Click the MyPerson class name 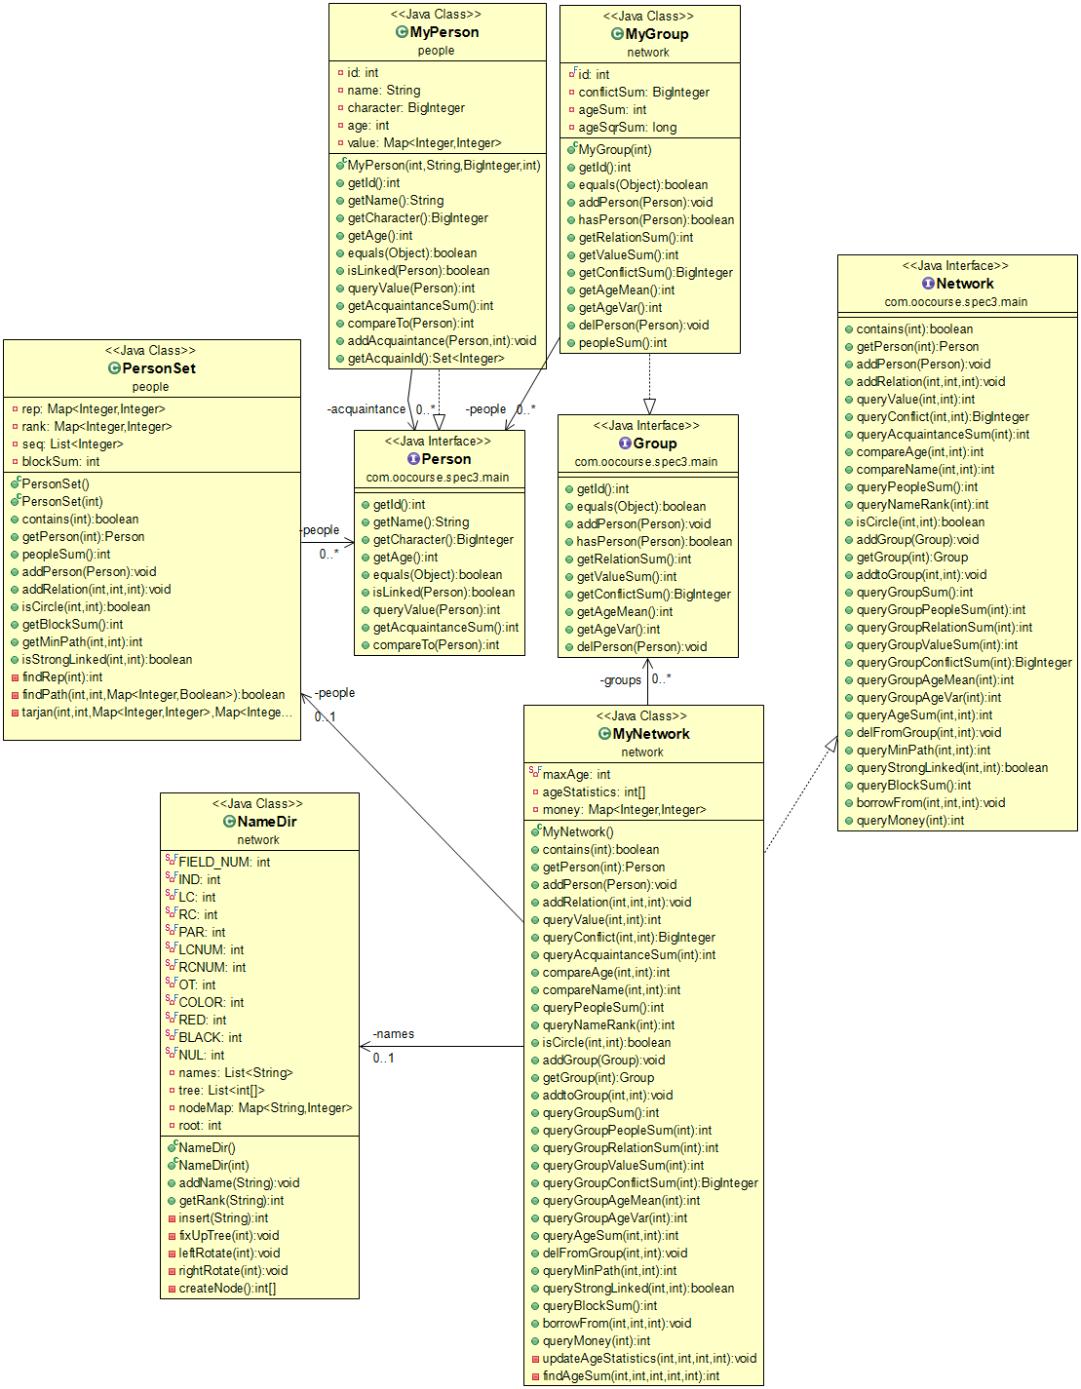point(444,32)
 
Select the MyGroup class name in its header point(656,34)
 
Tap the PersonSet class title point(159,368)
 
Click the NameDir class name point(266,822)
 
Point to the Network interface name point(964,284)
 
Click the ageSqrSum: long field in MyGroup point(627,128)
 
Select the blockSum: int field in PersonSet point(60,462)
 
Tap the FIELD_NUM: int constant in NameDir point(223,863)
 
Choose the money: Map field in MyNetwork point(624,810)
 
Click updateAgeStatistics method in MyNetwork point(648,1359)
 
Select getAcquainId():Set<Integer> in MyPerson point(425,359)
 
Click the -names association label point(394,1034)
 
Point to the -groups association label point(621,680)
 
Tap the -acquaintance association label point(367,409)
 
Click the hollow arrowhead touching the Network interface point(831,745)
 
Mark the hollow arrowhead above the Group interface point(649,406)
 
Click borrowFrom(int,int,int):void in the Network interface point(930,803)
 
